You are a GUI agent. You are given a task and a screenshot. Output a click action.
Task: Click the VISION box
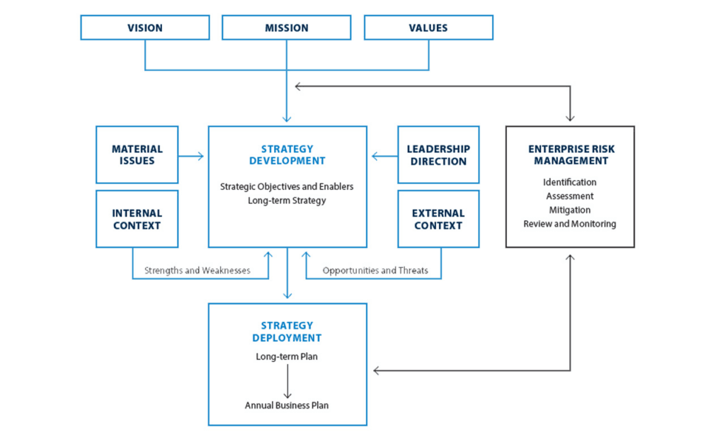[x=144, y=28]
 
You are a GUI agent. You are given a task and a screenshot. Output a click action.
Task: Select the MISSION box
[x=287, y=28]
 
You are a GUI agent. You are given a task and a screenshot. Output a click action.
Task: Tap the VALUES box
[x=428, y=28]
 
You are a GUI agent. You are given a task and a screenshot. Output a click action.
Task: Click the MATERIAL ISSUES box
[x=137, y=155]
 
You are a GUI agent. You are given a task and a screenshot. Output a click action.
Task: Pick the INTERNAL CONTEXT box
[x=137, y=219]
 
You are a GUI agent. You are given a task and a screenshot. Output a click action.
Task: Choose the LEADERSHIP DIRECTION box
[x=438, y=155]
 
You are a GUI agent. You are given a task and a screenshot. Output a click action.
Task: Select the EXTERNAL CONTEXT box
[x=438, y=219]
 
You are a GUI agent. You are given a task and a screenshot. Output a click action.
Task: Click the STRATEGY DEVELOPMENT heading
[x=287, y=155]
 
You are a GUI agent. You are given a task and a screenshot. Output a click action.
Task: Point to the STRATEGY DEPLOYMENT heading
[x=287, y=332]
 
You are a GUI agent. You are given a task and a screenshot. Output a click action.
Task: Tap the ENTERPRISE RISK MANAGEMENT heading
[x=569, y=155]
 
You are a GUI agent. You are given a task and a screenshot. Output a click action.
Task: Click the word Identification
[x=569, y=182]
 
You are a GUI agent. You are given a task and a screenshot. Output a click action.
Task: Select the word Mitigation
[x=569, y=210]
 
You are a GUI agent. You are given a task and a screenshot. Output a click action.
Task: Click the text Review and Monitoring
[x=569, y=224]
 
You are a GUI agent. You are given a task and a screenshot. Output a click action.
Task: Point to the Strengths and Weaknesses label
[x=197, y=271]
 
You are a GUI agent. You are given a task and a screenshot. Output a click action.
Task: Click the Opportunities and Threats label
[x=375, y=271]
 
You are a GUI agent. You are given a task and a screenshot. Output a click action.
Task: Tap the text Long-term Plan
[x=287, y=356]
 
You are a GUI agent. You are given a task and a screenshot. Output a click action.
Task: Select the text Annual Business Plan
[x=287, y=405]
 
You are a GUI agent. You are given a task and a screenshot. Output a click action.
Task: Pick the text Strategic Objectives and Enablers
[x=287, y=187]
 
